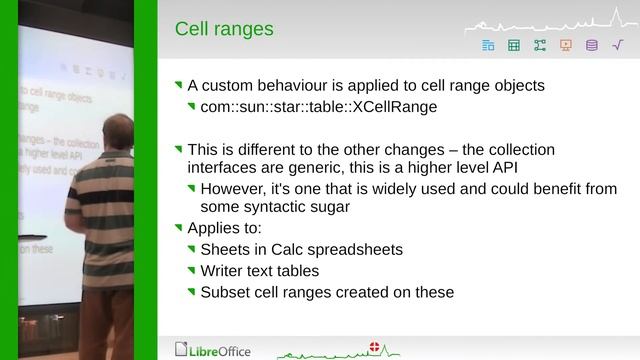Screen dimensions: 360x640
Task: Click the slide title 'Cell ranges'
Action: tap(224, 29)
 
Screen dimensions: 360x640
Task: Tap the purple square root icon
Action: tap(617, 45)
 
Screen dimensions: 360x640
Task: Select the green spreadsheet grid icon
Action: tap(514, 45)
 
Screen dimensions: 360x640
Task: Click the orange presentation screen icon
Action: tap(566, 45)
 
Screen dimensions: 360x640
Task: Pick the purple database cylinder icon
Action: tap(591, 45)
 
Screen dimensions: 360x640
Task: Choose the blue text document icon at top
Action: tap(488, 45)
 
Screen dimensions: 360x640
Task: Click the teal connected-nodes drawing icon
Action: tap(540, 45)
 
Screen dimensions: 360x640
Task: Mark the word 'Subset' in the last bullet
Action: tap(224, 292)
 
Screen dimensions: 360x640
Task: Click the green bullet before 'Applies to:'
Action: tap(179, 227)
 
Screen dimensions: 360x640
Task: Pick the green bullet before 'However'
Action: tap(192, 188)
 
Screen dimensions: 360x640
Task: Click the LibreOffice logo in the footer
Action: tap(213, 350)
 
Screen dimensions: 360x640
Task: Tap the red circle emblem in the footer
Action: tap(376, 346)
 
